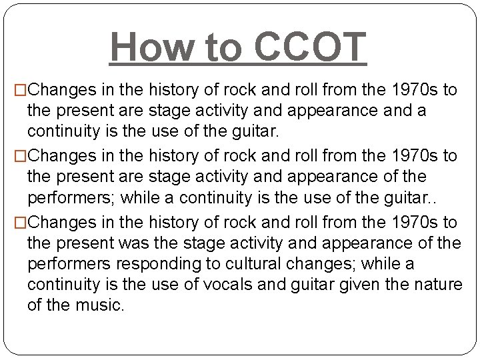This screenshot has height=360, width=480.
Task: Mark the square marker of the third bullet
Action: point(21,223)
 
